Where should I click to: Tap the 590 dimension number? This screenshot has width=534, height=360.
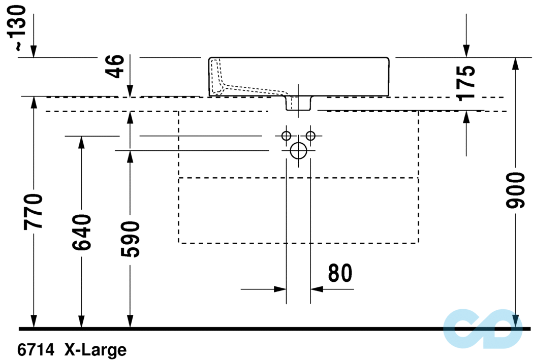click(132, 239)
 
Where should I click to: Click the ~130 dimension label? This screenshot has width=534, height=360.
click(19, 28)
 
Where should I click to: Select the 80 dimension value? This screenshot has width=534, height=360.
click(340, 273)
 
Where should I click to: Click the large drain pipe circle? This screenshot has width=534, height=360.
click(299, 150)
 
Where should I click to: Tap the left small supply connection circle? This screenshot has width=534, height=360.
click(286, 136)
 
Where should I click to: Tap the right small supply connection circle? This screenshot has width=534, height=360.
click(311, 136)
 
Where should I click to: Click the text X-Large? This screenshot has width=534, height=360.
click(95, 349)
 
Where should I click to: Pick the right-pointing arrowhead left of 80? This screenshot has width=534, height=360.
click(280, 289)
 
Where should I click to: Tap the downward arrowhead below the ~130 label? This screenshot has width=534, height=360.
click(34, 51)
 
